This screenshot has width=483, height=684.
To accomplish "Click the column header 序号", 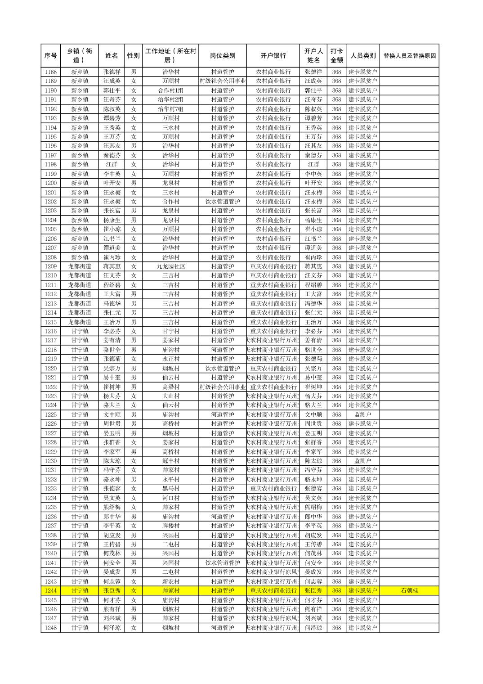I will pyautogui.click(x=51, y=56).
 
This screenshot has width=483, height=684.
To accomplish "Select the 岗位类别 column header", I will pyautogui.click(x=222, y=56).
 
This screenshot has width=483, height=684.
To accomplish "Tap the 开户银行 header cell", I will pyautogui.click(x=273, y=56).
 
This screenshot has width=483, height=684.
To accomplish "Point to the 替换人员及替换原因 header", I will pyautogui.click(x=409, y=56).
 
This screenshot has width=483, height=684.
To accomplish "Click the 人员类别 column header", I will pyautogui.click(x=363, y=56).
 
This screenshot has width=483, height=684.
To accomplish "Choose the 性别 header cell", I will pyautogui.click(x=134, y=56).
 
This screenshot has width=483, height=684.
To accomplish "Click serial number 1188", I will pyautogui.click(x=51, y=72).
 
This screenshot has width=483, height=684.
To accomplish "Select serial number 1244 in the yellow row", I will pyautogui.click(x=51, y=590).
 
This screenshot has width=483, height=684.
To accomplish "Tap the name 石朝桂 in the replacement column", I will pyautogui.click(x=409, y=590).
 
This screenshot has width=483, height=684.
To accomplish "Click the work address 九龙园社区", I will pyautogui.click(x=170, y=266).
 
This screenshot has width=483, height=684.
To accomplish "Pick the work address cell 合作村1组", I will pyautogui.click(x=170, y=90).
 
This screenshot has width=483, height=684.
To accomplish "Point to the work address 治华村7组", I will pyautogui.click(x=170, y=109).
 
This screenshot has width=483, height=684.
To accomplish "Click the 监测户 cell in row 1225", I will pyautogui.click(x=363, y=414).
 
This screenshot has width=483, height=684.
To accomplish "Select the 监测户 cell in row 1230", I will pyautogui.click(x=363, y=461).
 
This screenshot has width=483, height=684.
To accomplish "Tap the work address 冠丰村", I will pyautogui.click(x=170, y=461).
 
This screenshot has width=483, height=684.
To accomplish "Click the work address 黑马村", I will pyautogui.click(x=170, y=489).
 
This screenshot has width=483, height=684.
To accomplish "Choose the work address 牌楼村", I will pyautogui.click(x=170, y=526).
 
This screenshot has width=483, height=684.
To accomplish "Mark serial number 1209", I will pyautogui.click(x=51, y=266).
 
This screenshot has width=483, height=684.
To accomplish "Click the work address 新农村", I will pyautogui.click(x=170, y=581).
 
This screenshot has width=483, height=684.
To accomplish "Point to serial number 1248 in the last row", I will pyautogui.click(x=51, y=628).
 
